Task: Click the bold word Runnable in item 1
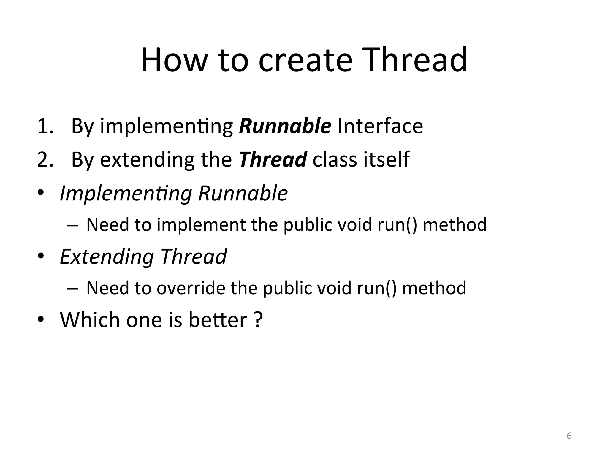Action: point(285,126)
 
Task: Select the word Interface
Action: point(380,126)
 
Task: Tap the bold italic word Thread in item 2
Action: point(273,159)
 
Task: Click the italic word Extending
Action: point(107,256)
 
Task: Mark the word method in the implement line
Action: point(455,225)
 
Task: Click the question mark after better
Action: point(259,320)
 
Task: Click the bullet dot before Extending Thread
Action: point(41,256)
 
